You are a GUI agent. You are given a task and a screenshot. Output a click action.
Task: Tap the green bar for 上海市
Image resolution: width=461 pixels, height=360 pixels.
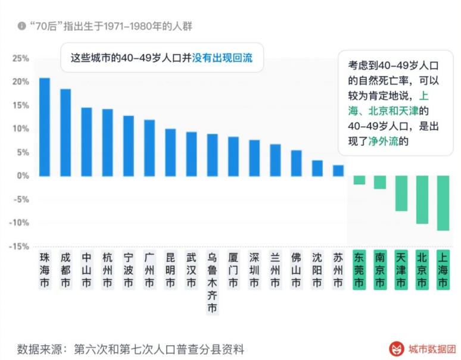443,203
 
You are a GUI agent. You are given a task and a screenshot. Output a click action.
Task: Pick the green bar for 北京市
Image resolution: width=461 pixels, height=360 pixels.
422,199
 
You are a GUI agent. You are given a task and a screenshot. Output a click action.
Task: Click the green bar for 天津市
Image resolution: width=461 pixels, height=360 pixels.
401,193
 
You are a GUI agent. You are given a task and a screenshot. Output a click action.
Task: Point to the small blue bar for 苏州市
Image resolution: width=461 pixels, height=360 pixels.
338,170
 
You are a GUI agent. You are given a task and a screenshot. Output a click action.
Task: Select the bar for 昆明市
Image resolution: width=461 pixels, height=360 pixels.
170,152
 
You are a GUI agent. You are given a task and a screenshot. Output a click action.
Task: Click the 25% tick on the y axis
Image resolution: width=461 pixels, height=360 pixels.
20,58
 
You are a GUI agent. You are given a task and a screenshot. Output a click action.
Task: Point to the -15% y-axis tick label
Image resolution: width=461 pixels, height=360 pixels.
19,246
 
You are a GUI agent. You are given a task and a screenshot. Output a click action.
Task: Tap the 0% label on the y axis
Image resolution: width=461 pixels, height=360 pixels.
23,176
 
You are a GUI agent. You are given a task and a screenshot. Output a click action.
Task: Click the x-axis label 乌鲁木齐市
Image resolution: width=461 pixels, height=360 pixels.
212,283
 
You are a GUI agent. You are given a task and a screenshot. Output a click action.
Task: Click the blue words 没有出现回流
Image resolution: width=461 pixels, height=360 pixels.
222,58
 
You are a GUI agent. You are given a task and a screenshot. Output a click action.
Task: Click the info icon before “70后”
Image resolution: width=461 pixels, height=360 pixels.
22,26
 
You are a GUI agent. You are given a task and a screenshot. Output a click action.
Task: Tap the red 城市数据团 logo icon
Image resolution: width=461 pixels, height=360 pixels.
395,348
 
